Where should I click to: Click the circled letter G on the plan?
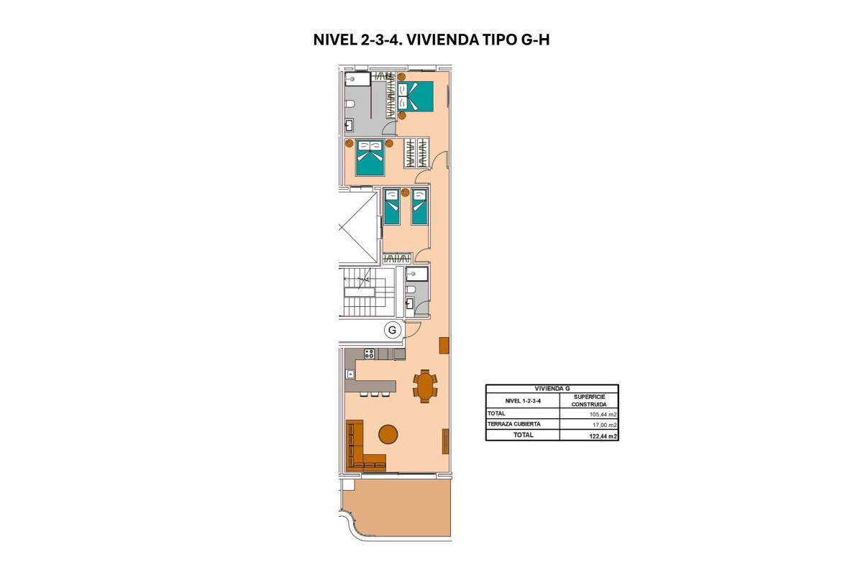coord(392,330)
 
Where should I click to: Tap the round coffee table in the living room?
coord(388,433)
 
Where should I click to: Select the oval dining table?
coord(424,385)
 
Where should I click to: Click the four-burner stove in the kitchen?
coord(370,353)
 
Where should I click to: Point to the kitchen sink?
coord(350,374)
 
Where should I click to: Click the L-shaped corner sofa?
coord(357,449)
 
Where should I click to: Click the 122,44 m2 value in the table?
coord(603,436)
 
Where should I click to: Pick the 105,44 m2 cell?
coord(603,414)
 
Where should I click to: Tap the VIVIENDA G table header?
coord(552,388)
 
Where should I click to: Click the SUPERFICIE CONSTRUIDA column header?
coord(589,400)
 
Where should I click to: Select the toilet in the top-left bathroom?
coord(350,106)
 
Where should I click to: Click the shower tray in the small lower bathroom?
coord(417,274)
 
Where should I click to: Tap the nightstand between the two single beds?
coord(405,193)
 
